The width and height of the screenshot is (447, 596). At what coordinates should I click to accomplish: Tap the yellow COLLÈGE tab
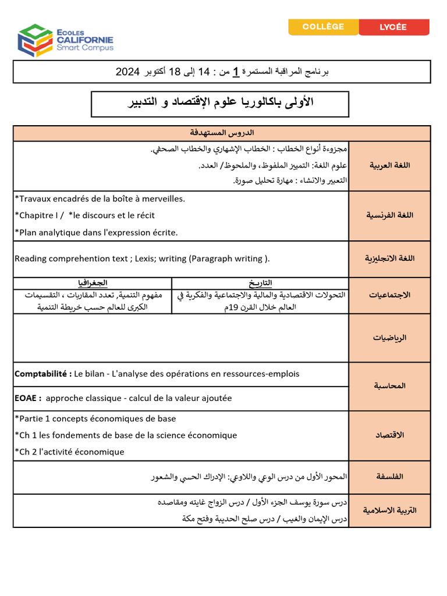(x=324, y=27)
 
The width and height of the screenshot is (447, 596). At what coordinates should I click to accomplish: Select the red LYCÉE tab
(x=393, y=27)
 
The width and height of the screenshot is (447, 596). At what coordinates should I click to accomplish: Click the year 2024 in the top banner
(x=127, y=72)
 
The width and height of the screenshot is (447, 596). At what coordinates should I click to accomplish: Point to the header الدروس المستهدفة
(x=222, y=133)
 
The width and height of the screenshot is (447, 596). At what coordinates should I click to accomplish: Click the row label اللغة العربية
(x=389, y=165)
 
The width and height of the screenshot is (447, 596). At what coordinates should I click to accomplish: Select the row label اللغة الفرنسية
(x=389, y=215)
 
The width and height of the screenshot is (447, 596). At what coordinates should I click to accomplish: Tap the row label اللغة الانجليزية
(x=389, y=258)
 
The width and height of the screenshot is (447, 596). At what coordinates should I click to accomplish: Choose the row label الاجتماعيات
(x=389, y=295)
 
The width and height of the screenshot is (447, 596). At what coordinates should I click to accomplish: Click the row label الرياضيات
(x=389, y=338)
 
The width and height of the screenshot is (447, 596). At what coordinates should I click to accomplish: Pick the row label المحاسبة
(x=389, y=386)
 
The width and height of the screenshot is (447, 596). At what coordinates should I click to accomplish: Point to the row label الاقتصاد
(x=389, y=435)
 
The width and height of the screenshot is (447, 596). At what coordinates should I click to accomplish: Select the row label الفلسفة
(x=389, y=477)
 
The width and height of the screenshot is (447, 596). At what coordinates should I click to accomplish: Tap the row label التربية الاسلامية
(x=389, y=510)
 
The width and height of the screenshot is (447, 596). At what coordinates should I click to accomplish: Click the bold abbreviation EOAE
(x=27, y=398)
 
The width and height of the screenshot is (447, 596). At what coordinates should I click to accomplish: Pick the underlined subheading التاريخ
(x=260, y=283)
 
